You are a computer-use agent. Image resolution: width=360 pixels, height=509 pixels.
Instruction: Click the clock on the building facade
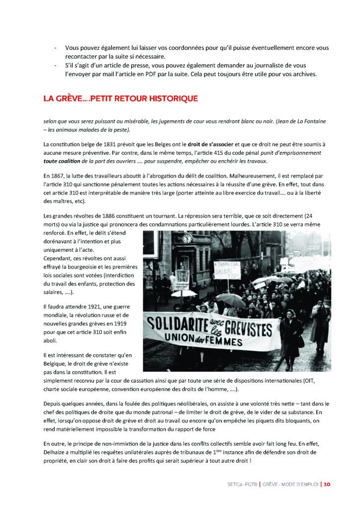tap(187, 239)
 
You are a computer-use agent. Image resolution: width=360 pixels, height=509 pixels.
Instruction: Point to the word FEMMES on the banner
tap(225, 342)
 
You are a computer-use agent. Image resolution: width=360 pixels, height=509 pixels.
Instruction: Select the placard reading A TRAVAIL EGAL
tap(226, 269)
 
